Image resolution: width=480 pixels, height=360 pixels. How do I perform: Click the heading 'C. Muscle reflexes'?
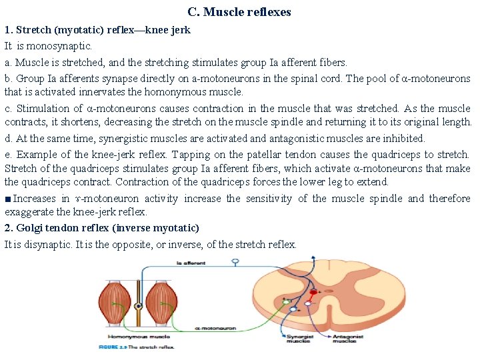[x=239, y=12]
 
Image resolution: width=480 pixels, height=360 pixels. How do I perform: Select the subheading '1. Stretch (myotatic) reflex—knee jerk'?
[x=98, y=30]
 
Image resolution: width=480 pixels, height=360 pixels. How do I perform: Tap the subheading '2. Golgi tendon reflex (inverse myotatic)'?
[x=101, y=228]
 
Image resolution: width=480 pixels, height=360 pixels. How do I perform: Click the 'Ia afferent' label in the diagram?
[x=191, y=264]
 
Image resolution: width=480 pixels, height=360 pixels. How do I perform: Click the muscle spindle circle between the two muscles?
[x=138, y=307]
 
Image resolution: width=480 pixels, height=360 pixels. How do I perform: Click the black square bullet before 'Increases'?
[x=7, y=199]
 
